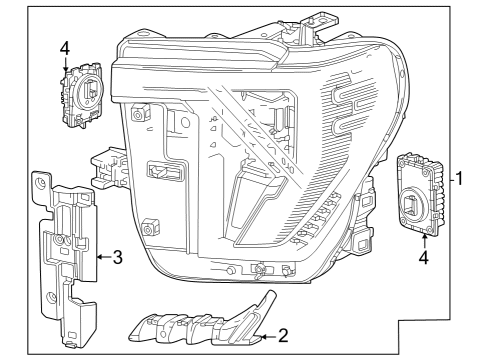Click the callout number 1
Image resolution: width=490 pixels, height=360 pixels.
[461, 180]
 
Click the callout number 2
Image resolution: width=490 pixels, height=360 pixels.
[283, 338]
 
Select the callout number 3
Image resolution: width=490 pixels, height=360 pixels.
[117, 258]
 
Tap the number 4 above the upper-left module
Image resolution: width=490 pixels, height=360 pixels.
[65, 47]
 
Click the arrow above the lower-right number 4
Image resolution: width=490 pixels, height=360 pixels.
[426, 236]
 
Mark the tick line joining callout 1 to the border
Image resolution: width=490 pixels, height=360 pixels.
[449, 180]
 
